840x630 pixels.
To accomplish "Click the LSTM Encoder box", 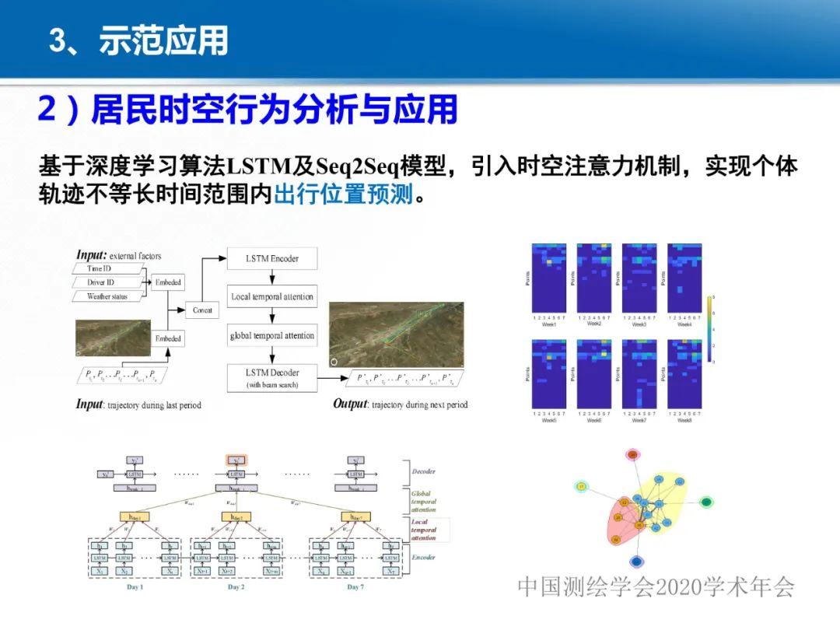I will [272, 258].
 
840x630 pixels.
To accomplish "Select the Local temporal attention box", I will [272, 296].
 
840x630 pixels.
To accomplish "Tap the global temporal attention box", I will [272, 336].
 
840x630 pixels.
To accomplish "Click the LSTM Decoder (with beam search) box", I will [272, 376].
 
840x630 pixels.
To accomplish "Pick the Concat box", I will [202, 310].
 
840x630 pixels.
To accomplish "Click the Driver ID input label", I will [106, 282].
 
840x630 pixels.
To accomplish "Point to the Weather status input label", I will [107, 296].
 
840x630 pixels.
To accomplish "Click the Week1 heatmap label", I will [549, 324].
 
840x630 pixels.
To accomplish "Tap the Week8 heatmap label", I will [684, 421].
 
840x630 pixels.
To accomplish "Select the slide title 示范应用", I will [163, 40].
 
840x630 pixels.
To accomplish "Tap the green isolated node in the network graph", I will [706, 502].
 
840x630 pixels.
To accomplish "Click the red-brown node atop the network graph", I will [632, 453].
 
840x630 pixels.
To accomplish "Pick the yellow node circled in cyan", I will [581, 487].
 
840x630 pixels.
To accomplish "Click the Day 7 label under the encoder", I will [355, 586].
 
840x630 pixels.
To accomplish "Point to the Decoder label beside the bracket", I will [424, 471].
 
